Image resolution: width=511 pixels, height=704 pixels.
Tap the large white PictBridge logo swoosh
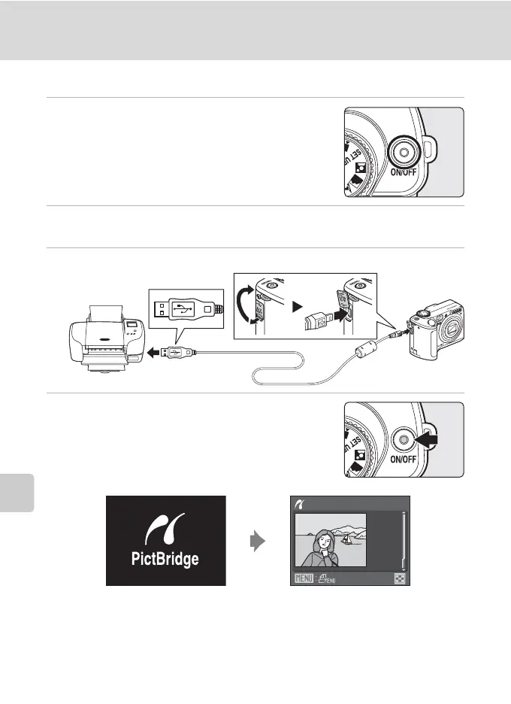point(164,526)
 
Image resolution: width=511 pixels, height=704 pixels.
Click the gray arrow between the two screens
point(258,540)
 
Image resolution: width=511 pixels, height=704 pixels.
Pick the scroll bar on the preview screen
point(404,542)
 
